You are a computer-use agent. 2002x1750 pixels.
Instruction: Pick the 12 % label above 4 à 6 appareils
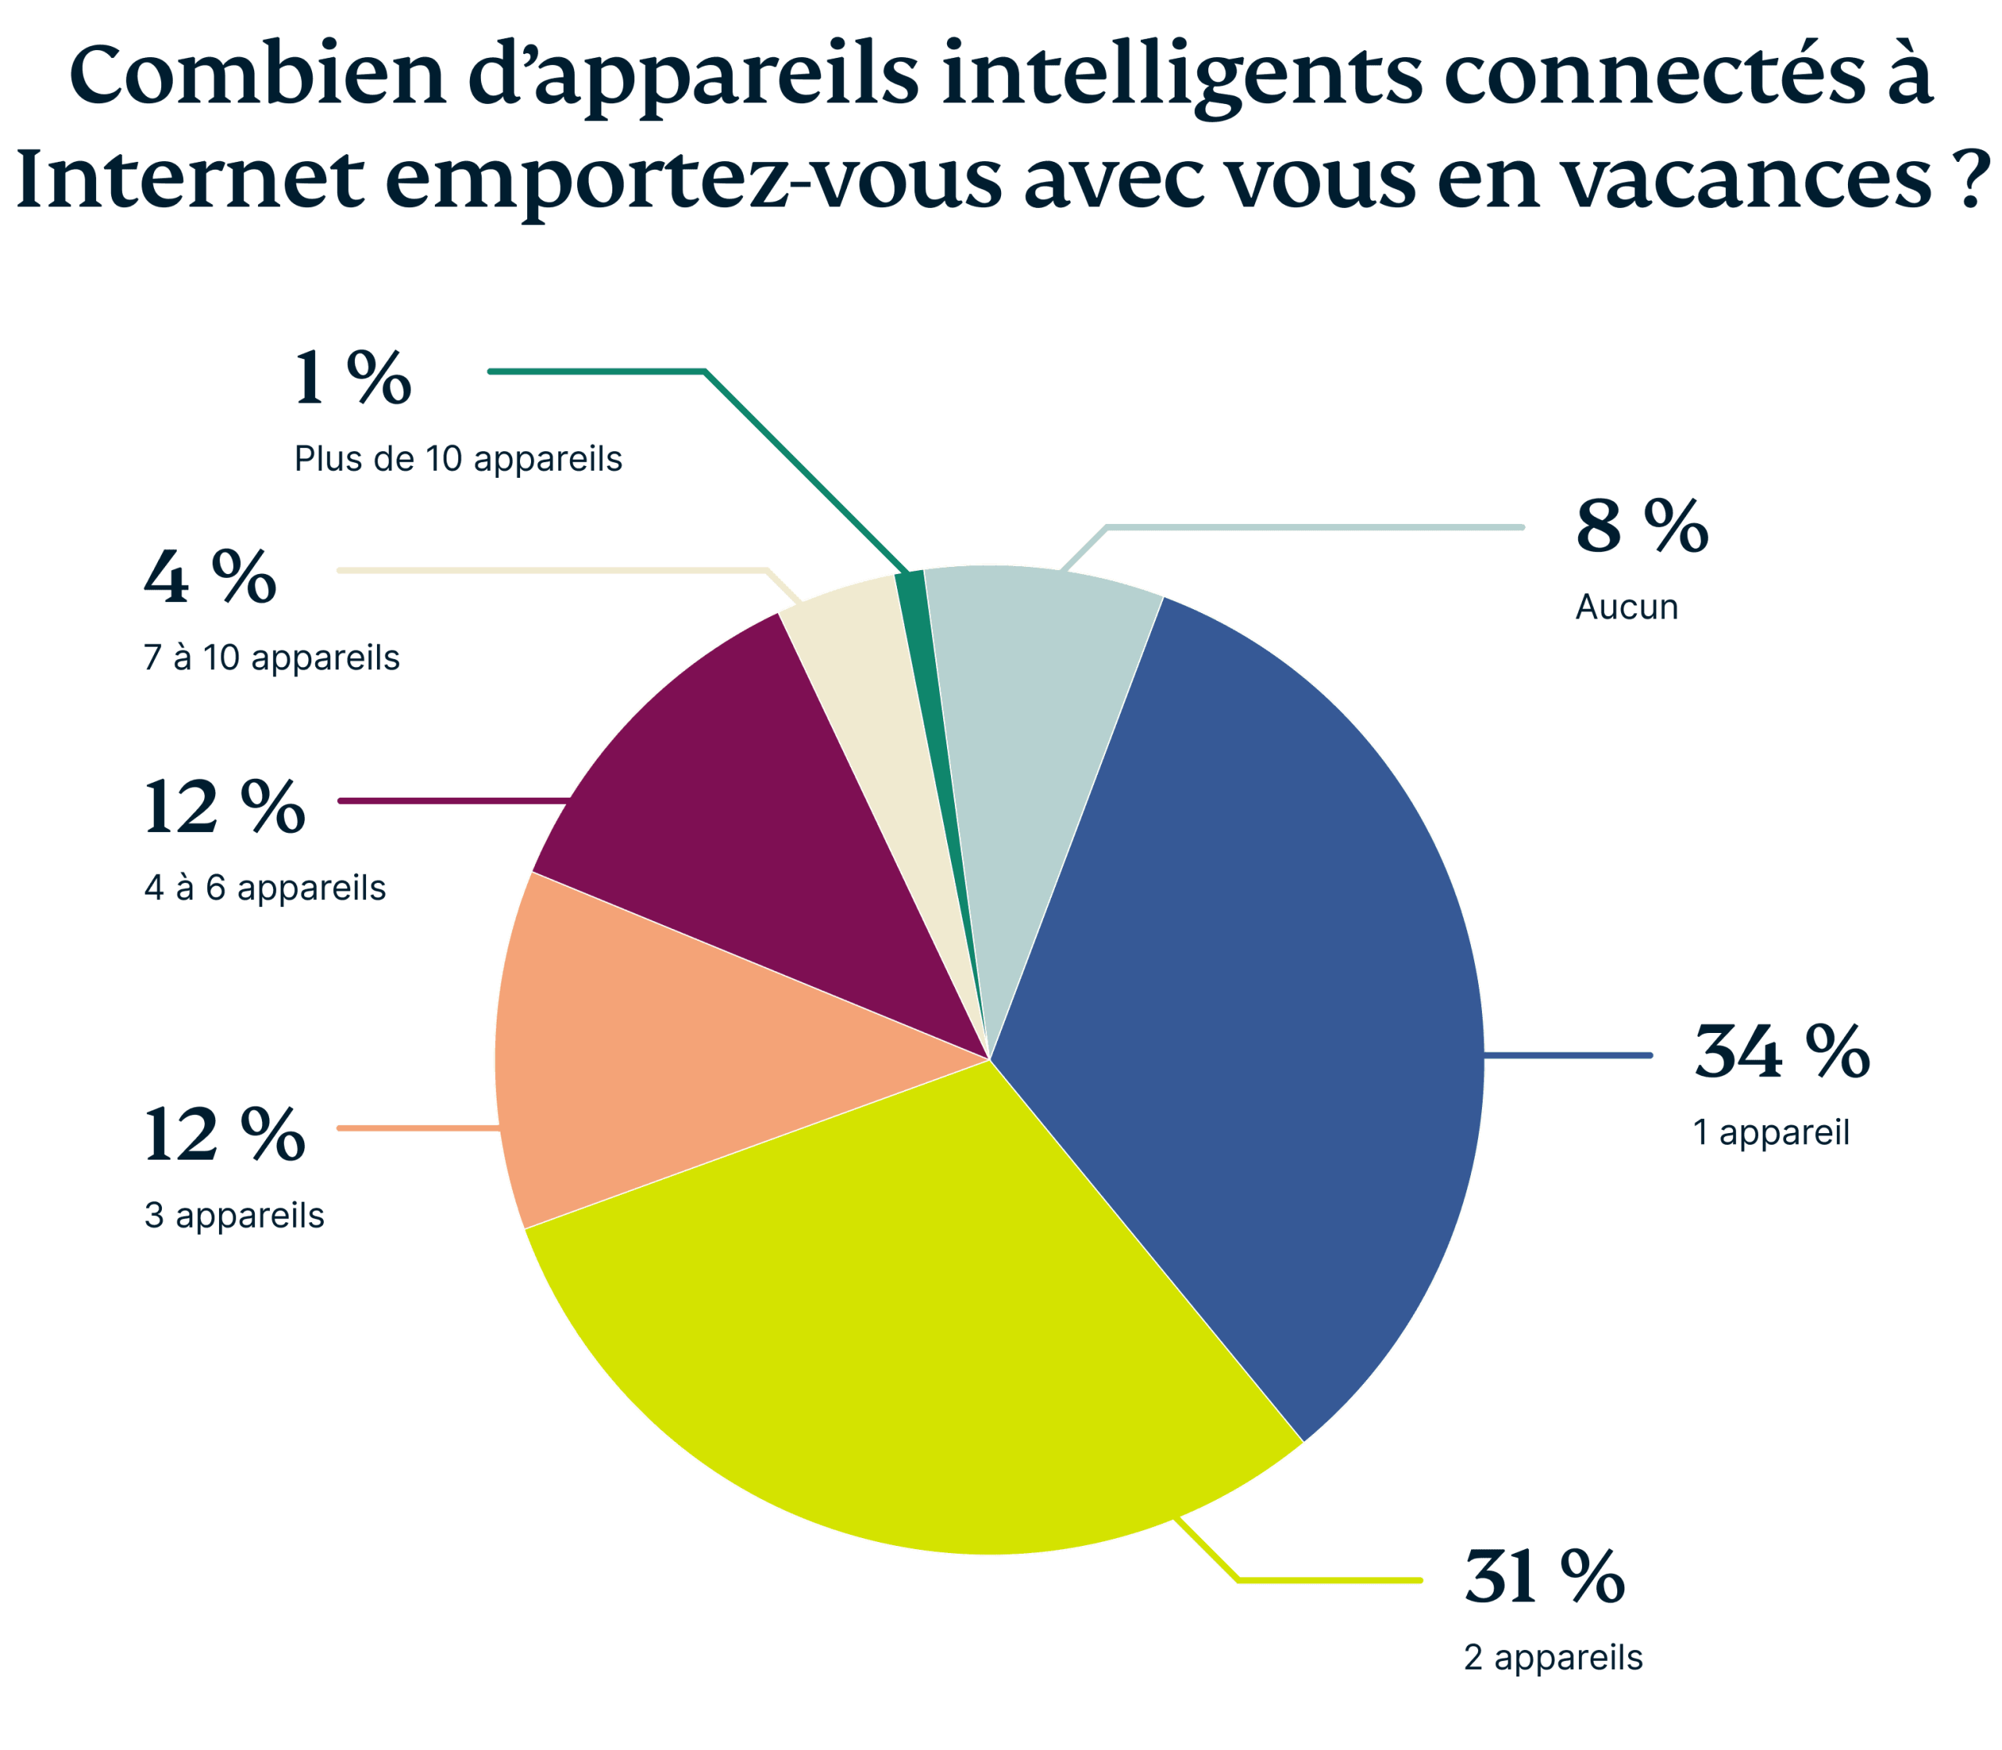pos(224,808)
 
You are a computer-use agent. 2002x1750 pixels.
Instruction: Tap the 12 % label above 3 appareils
pos(224,1135)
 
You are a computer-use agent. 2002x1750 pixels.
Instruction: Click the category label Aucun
pos(1626,608)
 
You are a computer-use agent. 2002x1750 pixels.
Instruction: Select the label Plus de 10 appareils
pos(458,458)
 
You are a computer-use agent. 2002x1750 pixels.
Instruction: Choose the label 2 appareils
pos(1553,1657)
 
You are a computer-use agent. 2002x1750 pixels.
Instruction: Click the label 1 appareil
pos(1771,1133)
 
